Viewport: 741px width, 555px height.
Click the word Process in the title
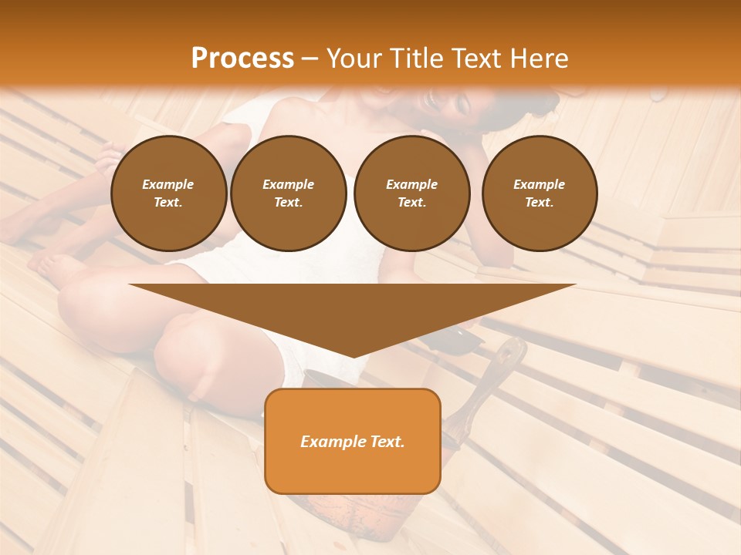pyautogui.click(x=242, y=59)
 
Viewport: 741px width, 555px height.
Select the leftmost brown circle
pyautogui.click(x=169, y=193)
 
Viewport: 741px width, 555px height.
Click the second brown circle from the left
pyautogui.click(x=289, y=193)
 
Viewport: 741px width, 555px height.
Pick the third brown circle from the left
pyautogui.click(x=412, y=193)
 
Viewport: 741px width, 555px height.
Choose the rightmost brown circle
pyautogui.click(x=540, y=193)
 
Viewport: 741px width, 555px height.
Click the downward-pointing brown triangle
pyautogui.click(x=353, y=308)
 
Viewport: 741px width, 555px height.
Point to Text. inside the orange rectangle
pyautogui.click(x=387, y=442)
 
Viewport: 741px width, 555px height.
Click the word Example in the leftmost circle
pyautogui.click(x=168, y=184)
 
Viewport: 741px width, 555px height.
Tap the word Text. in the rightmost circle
pyautogui.click(x=540, y=203)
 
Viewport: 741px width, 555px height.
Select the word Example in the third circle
pyautogui.click(x=412, y=184)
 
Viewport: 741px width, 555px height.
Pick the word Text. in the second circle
pyautogui.click(x=289, y=203)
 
